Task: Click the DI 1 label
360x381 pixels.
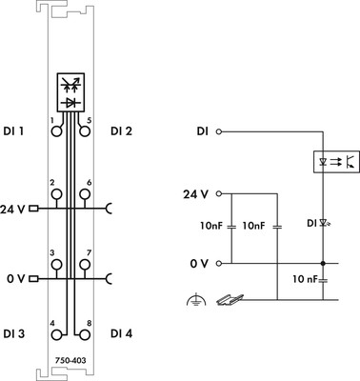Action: [13, 130]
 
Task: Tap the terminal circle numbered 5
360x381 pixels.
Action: [85, 130]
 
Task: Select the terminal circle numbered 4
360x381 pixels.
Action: [56, 334]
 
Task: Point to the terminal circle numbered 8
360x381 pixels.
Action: [85, 334]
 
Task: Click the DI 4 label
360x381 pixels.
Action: [122, 333]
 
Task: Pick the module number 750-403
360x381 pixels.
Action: [70, 361]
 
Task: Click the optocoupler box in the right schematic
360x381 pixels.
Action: [336, 162]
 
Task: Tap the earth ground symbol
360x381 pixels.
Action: [196, 300]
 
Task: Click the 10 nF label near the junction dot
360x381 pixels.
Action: [305, 279]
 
